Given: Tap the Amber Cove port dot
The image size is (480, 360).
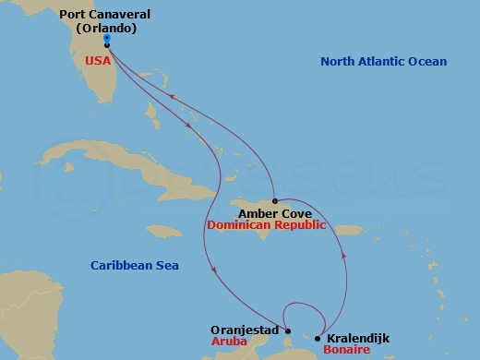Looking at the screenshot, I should click(x=275, y=200).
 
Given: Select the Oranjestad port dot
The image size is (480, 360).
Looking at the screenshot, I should click(x=288, y=331).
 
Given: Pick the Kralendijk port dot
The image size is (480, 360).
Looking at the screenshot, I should click(x=318, y=338).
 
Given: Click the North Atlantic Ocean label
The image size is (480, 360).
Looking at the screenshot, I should click(x=383, y=62).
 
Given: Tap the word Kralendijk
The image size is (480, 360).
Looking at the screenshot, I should click(x=358, y=339).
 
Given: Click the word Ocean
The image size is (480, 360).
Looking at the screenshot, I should click(x=426, y=62).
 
